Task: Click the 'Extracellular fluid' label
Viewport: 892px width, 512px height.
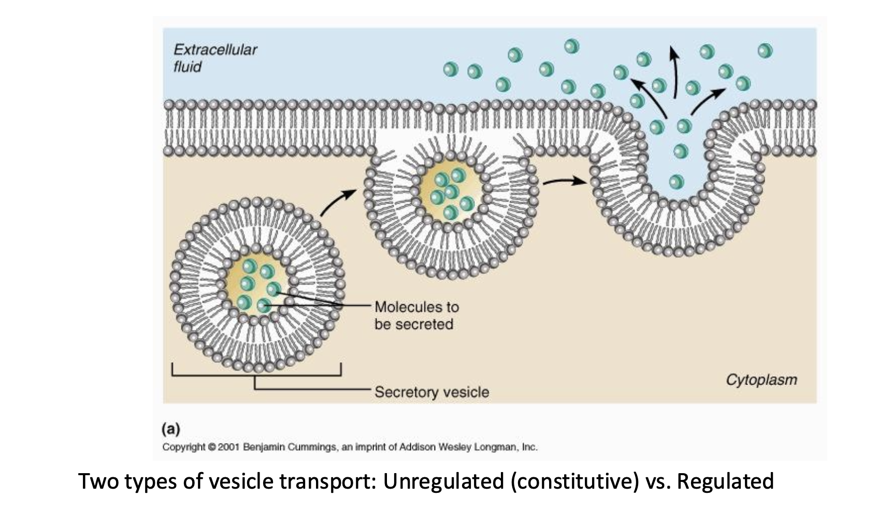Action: pos(215,58)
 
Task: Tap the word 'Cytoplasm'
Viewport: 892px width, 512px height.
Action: pos(761,380)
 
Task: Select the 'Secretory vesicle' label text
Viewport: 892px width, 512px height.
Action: pos(431,392)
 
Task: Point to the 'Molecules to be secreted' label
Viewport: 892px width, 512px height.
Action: pos(416,316)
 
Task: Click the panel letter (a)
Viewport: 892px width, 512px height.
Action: pos(171,429)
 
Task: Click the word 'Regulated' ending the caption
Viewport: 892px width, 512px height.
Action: pos(725,481)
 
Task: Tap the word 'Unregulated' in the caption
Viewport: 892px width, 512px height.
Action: pos(443,481)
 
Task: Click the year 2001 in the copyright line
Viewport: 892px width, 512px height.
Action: pos(228,447)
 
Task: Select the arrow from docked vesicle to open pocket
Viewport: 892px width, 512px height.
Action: pos(565,181)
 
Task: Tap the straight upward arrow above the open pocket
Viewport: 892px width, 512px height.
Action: pos(674,72)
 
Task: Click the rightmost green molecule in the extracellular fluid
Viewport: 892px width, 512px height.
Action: pos(765,50)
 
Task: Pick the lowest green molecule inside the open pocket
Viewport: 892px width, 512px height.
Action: pos(676,181)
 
